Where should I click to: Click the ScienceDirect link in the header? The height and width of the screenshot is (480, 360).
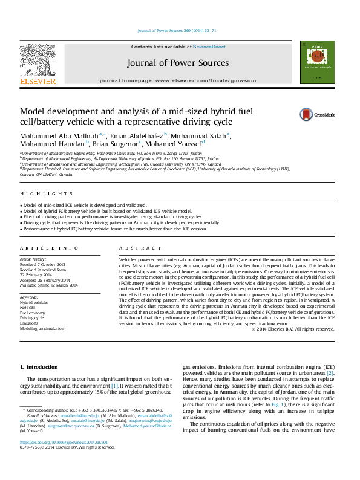(209, 47)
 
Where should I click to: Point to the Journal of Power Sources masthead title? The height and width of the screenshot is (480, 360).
(178, 63)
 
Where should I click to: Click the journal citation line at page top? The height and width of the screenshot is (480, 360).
(177, 30)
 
